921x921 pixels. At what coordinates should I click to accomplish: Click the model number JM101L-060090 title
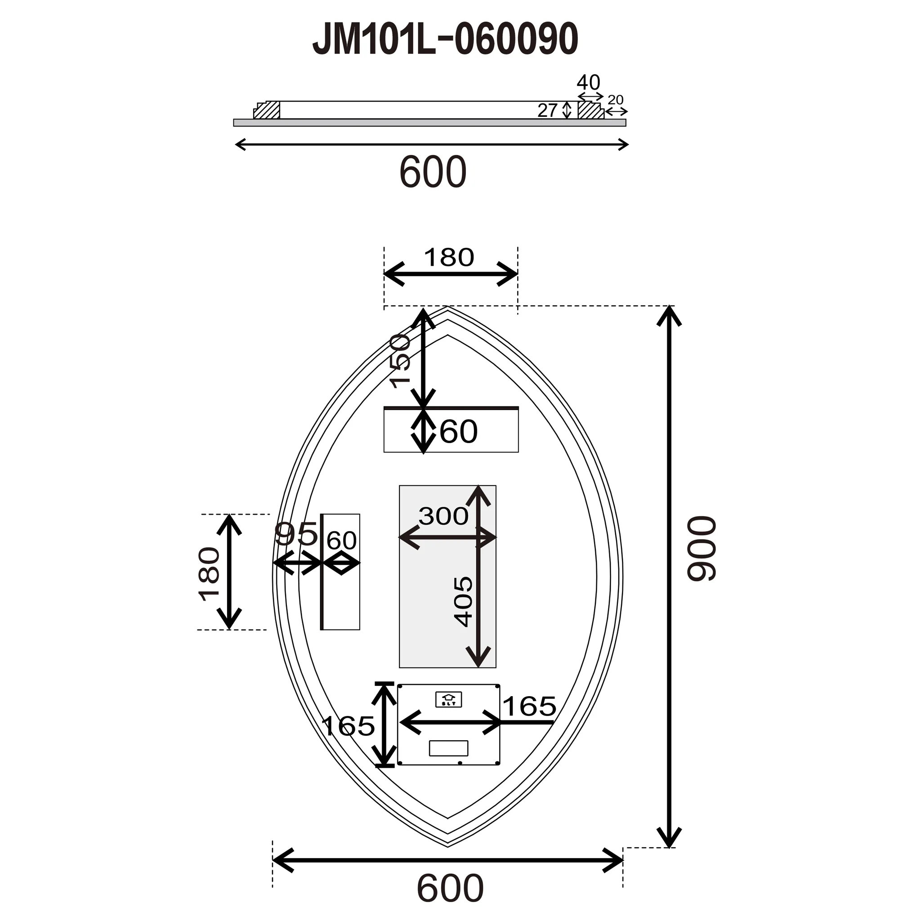445,40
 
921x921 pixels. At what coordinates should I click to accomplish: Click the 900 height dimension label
702,548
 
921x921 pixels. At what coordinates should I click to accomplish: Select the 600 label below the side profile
432,172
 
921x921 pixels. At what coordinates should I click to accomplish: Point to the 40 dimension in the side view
588,82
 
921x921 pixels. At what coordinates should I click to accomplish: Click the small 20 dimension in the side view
616,100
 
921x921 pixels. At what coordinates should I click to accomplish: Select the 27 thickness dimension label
547,111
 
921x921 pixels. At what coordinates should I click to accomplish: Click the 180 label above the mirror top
448,257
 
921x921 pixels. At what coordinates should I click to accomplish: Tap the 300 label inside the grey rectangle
443,516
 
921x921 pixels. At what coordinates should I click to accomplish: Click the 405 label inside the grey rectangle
463,601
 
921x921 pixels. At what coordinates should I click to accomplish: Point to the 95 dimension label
296,533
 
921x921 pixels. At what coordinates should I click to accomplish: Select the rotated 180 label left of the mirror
209,574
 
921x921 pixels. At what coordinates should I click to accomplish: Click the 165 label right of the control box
529,706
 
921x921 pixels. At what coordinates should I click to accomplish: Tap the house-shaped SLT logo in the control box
448,699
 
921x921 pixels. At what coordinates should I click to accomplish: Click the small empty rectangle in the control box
448,748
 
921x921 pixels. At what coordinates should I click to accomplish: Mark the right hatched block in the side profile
590,111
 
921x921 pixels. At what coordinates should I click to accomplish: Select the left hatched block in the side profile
267,111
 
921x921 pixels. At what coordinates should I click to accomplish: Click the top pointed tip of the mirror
447,308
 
